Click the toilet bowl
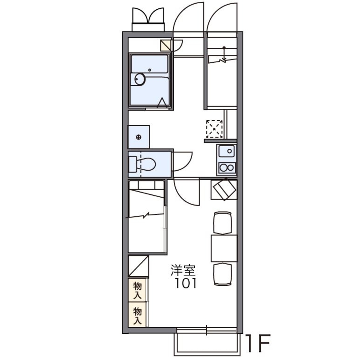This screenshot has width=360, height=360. point(146,164)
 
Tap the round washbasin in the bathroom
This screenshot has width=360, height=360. point(139,80)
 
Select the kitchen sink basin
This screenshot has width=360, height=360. point(226,151)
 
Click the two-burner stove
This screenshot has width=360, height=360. point(227,168)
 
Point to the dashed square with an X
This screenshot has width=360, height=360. point(215,129)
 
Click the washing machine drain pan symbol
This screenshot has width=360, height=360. point(139,137)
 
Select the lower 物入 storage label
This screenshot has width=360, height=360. point(137,315)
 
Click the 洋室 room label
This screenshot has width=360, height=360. point(183,270)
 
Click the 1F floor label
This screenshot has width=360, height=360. point(258,343)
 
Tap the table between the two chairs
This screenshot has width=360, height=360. point(224,248)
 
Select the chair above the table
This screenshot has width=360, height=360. point(222,223)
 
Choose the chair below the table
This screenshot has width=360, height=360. point(222,274)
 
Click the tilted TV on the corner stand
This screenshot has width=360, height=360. point(225,189)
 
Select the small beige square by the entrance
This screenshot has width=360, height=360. point(166,45)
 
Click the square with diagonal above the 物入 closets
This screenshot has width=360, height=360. point(138,266)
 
